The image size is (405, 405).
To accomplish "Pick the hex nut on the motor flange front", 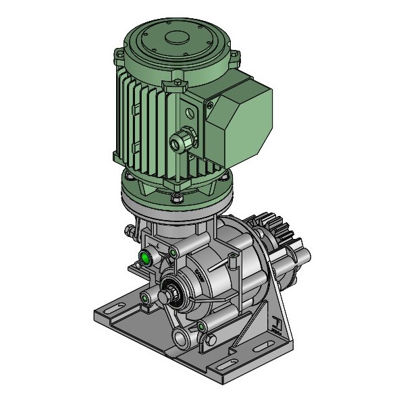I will click(176, 197).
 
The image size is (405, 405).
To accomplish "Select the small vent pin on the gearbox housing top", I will click(233, 259).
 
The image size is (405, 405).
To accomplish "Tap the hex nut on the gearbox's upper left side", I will click(129, 232).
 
